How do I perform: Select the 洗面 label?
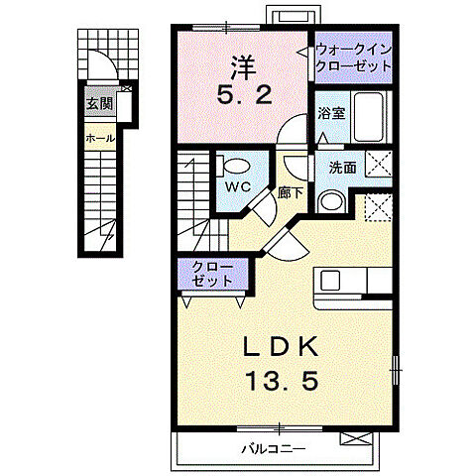tap(342, 168)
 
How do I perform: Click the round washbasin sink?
tap(331, 201)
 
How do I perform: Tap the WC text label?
tap(235, 185)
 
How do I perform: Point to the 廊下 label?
tap(292, 193)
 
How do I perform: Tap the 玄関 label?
tap(97, 102)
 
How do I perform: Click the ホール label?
tap(100, 138)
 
